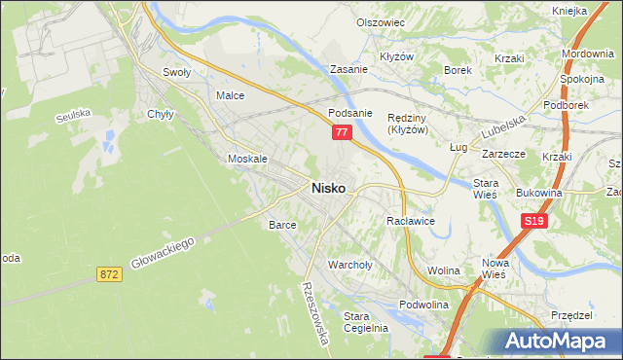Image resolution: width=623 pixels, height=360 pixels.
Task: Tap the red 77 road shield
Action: point(341,132)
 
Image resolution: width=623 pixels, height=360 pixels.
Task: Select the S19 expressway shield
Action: point(532,222)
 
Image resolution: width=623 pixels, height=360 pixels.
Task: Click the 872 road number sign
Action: point(109,275)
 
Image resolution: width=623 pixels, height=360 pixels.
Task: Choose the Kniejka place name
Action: point(568,11)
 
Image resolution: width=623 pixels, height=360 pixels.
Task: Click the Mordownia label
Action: point(587,54)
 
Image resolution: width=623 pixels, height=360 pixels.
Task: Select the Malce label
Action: point(230,96)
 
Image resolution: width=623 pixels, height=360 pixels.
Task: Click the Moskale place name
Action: point(246,159)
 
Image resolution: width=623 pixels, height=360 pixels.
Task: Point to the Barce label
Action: point(281,225)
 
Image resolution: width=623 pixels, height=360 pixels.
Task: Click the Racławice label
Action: point(410,222)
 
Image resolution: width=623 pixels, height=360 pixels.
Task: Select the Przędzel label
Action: point(571,315)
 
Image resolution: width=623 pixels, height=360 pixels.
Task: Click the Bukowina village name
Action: point(539,193)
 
